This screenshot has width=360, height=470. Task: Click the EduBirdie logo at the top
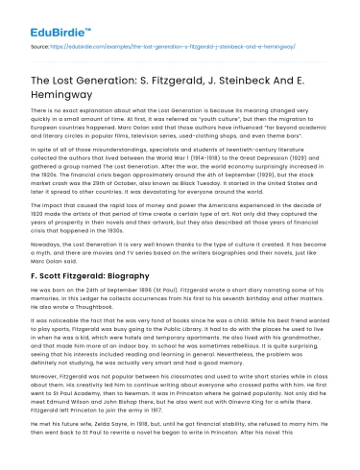point(46,17)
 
